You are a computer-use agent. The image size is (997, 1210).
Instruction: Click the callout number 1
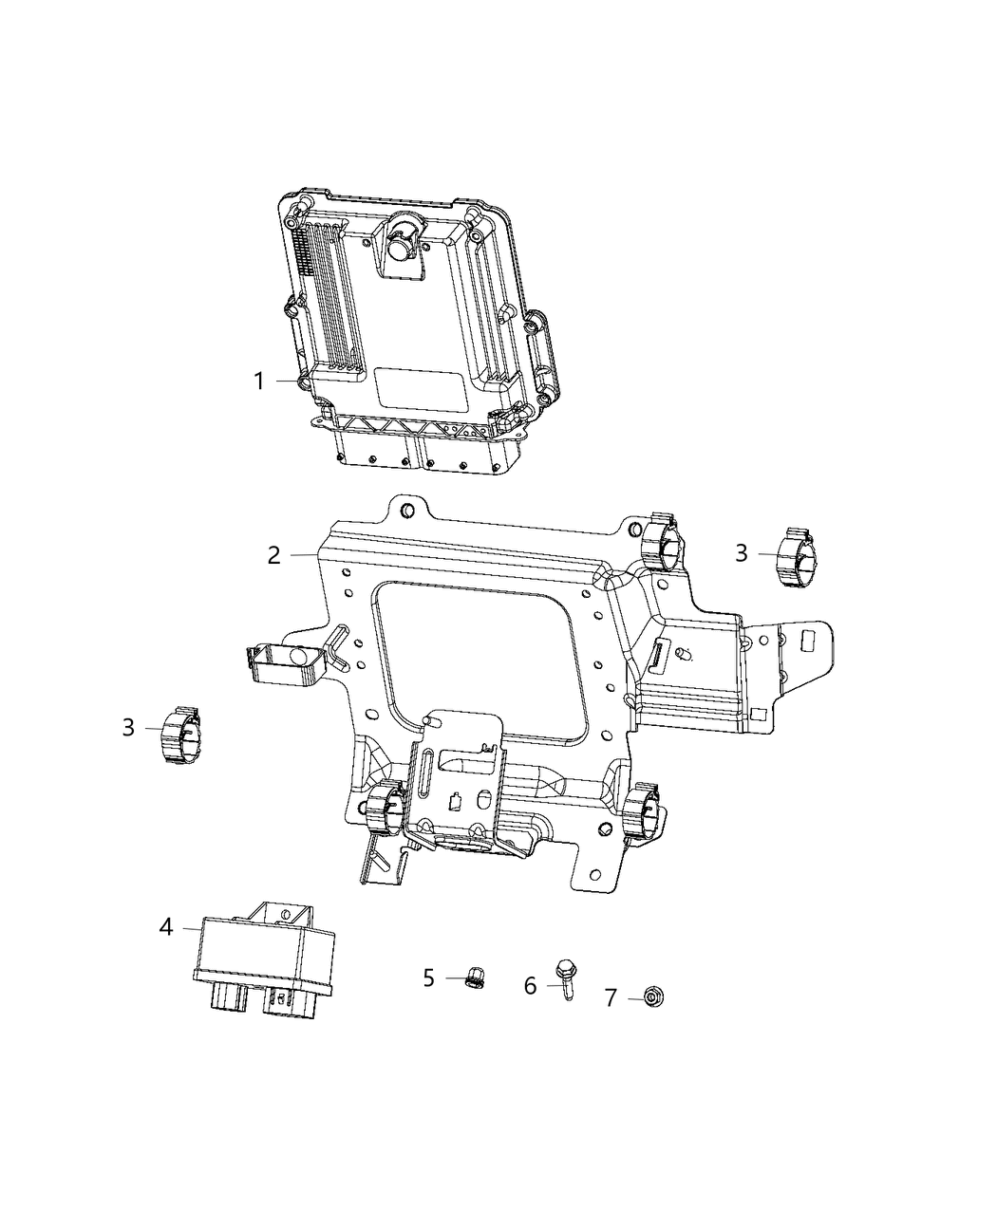(x=258, y=382)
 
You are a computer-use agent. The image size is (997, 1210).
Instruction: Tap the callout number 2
(x=273, y=555)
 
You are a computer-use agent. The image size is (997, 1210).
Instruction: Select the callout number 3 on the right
(x=742, y=552)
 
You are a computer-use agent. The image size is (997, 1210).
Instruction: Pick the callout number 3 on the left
(x=129, y=727)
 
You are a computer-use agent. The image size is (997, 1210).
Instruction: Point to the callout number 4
(x=166, y=926)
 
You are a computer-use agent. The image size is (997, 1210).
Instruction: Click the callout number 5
(x=429, y=977)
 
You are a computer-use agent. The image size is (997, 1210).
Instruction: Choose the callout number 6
(x=531, y=986)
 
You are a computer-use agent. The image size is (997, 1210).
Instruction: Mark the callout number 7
(x=611, y=997)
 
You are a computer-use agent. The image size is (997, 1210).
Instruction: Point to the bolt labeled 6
(x=567, y=974)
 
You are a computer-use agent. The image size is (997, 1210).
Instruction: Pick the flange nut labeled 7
(x=652, y=996)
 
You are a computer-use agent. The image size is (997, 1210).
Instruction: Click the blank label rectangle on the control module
(x=420, y=387)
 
